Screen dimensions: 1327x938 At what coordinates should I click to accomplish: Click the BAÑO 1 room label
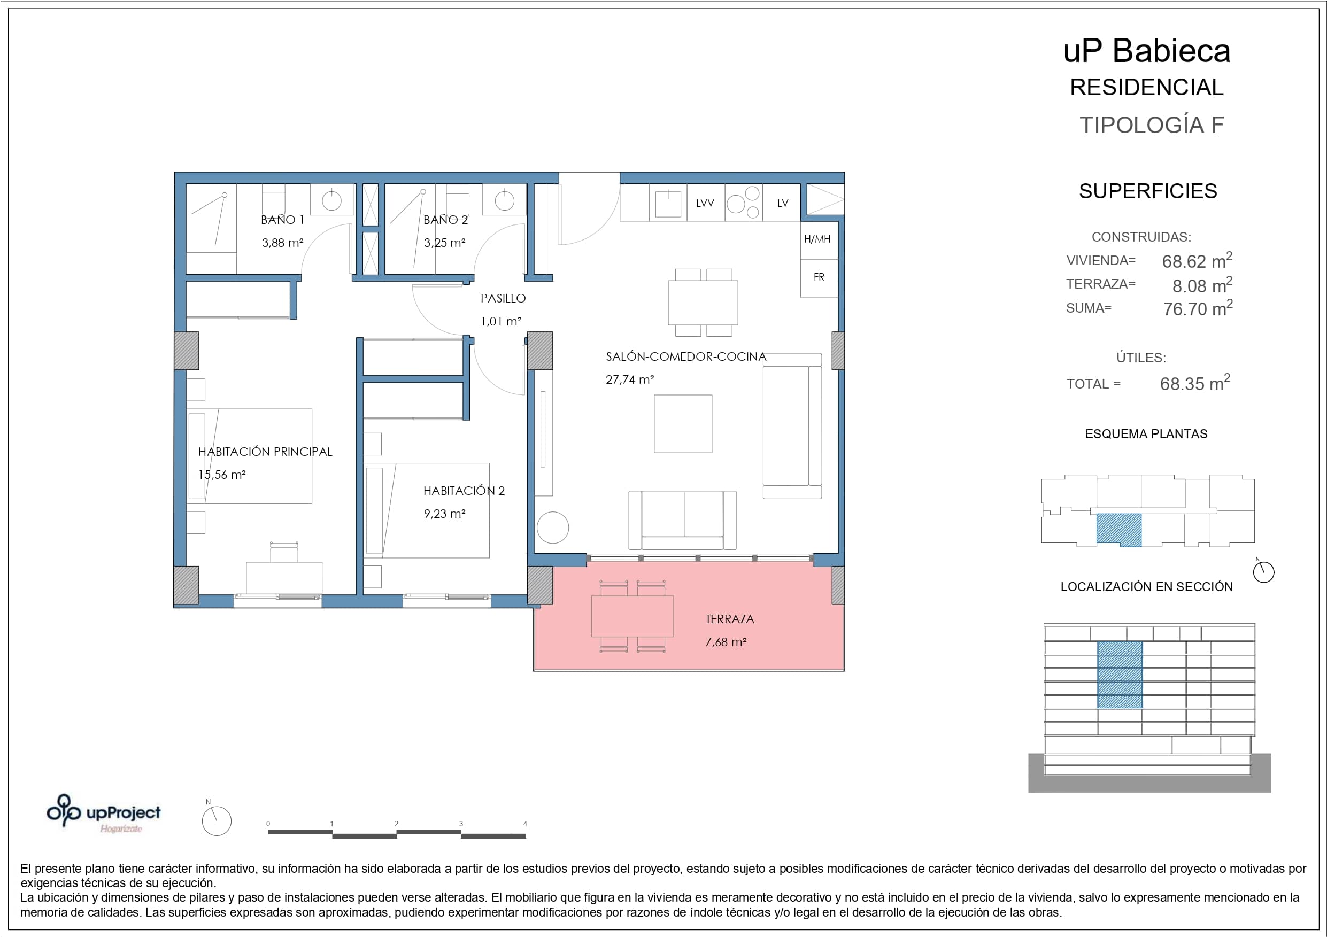tap(282, 220)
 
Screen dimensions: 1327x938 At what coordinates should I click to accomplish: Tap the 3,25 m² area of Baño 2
tap(444, 243)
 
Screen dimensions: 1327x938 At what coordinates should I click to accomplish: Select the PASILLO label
tap(503, 298)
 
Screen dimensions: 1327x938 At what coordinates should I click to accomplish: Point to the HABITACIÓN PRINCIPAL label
tap(265, 452)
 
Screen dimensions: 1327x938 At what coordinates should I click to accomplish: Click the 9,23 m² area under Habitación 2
tap(444, 513)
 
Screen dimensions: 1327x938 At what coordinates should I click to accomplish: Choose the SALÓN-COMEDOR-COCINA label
tap(686, 356)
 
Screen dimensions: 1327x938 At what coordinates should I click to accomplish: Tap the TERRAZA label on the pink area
tap(729, 619)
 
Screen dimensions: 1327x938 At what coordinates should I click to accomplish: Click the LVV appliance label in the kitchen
tap(705, 203)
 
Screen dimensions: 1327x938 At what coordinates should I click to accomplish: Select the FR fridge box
tap(819, 278)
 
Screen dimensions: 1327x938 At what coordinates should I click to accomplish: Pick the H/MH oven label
tap(817, 239)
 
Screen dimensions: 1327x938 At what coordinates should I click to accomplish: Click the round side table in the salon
tap(552, 528)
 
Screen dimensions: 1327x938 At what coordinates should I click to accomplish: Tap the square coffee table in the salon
tap(683, 424)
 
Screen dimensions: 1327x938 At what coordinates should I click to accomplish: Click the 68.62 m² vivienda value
tap(1197, 260)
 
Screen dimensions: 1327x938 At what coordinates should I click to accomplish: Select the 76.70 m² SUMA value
tap(1198, 308)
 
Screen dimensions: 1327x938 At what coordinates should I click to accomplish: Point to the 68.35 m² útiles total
tap(1194, 383)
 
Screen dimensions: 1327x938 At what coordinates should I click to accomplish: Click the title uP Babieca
tap(1147, 51)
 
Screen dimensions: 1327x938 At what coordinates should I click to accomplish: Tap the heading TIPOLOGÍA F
tap(1152, 125)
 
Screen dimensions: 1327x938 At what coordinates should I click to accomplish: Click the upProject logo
tap(104, 813)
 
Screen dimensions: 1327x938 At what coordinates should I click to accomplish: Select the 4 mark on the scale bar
tap(525, 824)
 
